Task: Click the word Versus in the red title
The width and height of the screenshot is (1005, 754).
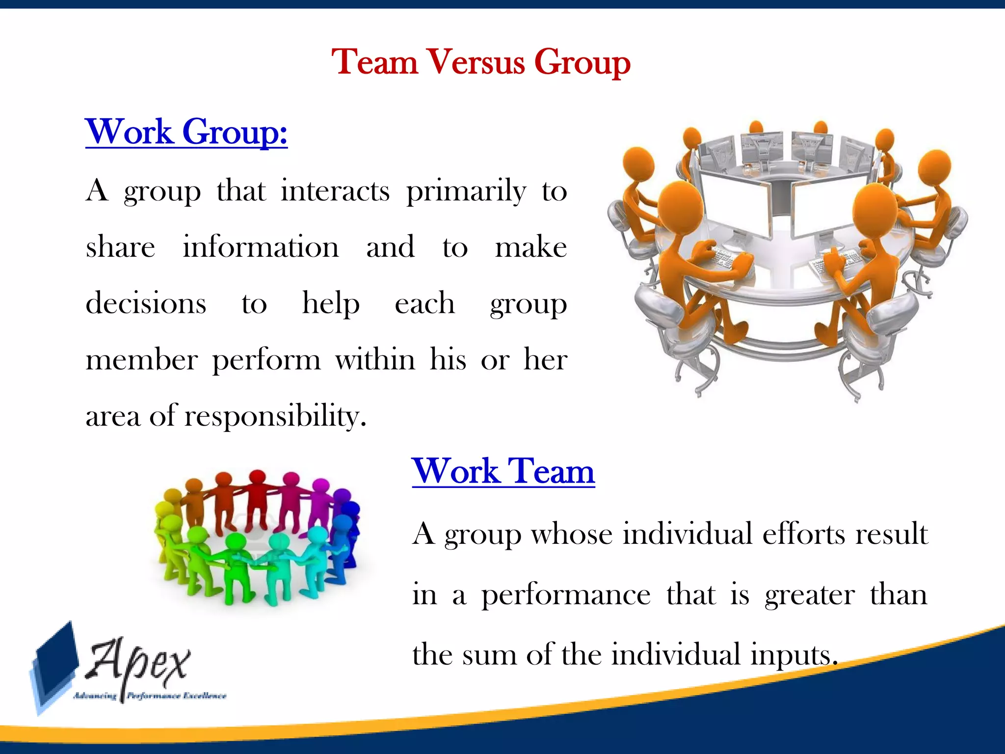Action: click(x=476, y=62)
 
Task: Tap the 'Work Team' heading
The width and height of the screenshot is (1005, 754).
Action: click(x=503, y=471)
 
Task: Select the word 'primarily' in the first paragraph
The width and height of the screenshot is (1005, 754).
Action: click(x=466, y=191)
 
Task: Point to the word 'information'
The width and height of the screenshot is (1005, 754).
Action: click(x=261, y=247)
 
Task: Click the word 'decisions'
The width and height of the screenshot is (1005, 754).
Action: click(x=146, y=303)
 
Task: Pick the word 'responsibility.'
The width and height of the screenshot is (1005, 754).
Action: click(x=275, y=416)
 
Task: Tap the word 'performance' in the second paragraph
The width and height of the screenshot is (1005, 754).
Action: click(x=565, y=595)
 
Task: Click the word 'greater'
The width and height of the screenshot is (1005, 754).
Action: click(x=810, y=595)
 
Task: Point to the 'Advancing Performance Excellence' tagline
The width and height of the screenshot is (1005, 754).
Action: click(x=150, y=696)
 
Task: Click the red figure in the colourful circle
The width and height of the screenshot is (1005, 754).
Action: click(x=257, y=496)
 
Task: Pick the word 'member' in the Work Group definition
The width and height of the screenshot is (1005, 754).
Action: click(x=141, y=360)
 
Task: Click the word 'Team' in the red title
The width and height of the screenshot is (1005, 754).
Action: click(x=374, y=62)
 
